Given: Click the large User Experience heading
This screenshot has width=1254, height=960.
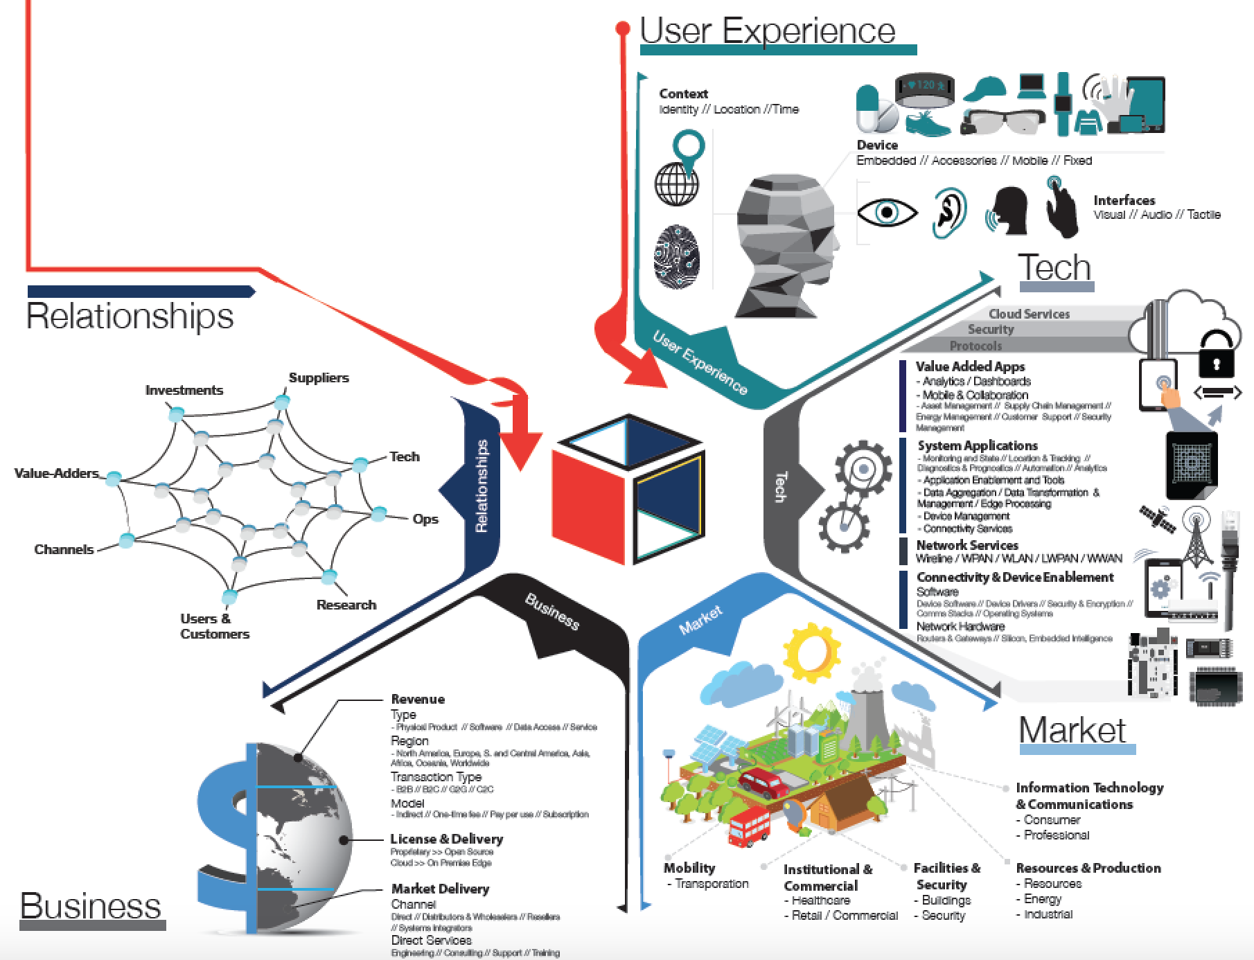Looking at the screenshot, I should [767, 30].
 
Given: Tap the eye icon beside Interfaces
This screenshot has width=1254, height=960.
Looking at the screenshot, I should [886, 211].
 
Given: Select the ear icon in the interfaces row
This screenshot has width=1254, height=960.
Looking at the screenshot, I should [948, 213].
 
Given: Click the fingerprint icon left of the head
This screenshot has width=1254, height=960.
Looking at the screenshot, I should [677, 257].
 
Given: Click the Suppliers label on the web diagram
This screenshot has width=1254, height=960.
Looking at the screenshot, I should [319, 377].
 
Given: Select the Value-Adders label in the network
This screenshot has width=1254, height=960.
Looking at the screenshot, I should [57, 474].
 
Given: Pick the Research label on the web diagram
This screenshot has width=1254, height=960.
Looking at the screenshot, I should [346, 605].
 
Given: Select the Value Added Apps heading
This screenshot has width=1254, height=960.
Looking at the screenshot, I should [970, 366].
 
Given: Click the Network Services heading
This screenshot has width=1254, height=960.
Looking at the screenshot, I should [966, 545].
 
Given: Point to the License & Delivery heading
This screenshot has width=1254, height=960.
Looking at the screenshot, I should [446, 839].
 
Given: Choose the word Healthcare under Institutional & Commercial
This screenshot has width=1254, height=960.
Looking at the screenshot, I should [820, 900].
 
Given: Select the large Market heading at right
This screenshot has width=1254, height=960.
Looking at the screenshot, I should [1072, 730].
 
